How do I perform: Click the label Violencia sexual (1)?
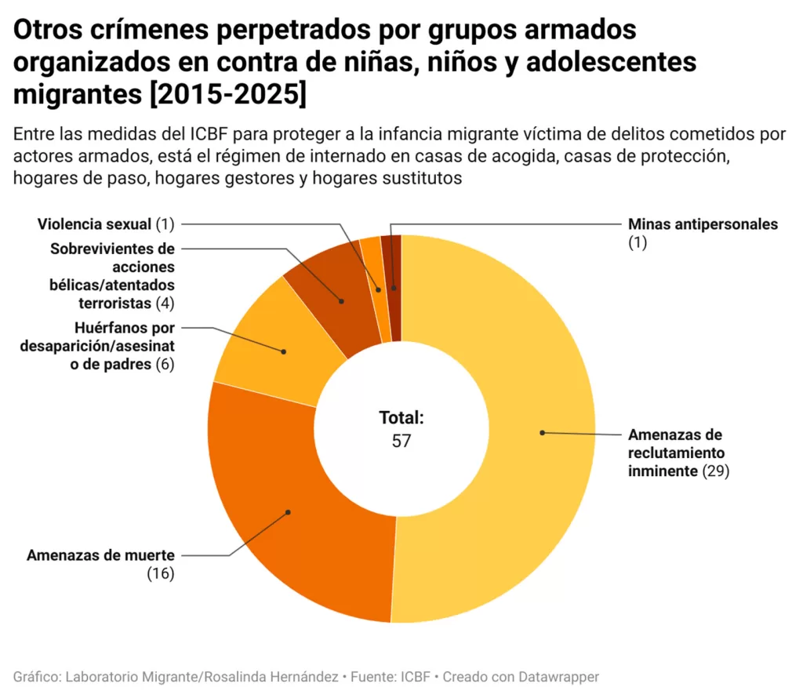tap(105, 224)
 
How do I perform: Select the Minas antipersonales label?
tap(703, 224)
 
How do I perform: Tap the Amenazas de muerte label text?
tap(100, 555)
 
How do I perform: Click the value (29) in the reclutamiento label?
tap(716, 471)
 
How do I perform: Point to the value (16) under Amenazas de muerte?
tap(160, 573)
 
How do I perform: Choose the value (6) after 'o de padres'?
tap(163, 365)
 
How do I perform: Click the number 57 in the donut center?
tap(401, 441)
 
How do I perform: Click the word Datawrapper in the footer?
tap(561, 676)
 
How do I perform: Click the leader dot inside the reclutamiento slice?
tap(541, 432)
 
